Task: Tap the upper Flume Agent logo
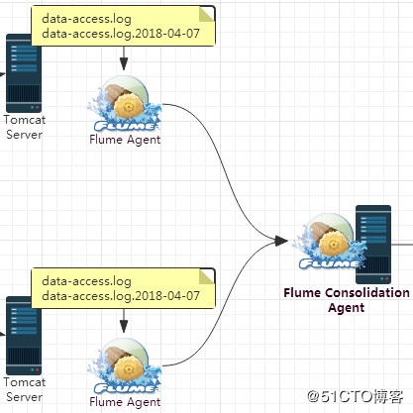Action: [x=125, y=105]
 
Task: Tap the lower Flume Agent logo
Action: [x=125, y=366]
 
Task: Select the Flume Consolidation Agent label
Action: [x=346, y=300]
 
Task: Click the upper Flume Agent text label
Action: [x=125, y=140]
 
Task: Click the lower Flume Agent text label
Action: [x=125, y=401]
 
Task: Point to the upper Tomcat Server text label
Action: [x=24, y=127]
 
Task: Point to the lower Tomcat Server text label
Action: [x=24, y=389]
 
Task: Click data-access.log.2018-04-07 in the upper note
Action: [x=121, y=35]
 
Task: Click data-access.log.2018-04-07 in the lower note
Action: [x=121, y=296]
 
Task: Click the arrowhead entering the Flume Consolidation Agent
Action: [x=281, y=241]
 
